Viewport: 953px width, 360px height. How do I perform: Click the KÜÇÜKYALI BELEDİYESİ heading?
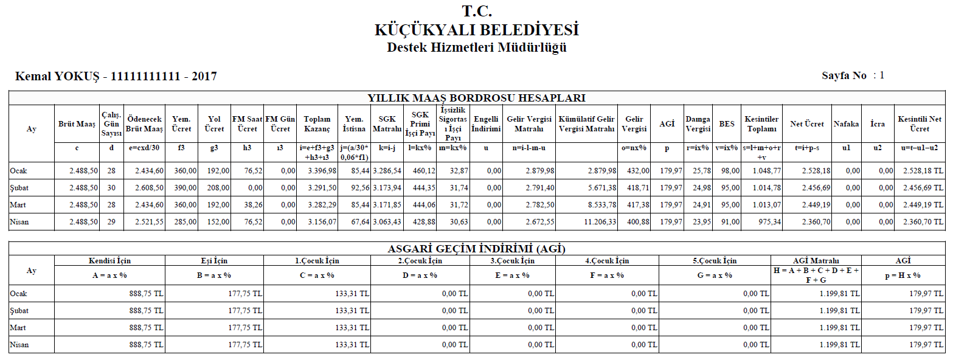point(476,30)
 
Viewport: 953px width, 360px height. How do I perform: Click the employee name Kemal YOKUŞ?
point(58,77)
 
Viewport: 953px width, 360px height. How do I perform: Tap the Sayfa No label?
point(844,76)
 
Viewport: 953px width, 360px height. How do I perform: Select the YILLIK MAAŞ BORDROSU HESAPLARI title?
point(476,98)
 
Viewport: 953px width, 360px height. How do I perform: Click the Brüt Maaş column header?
point(77,124)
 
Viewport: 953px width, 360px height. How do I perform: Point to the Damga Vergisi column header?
point(698,124)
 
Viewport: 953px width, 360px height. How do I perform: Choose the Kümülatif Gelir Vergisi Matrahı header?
point(586,124)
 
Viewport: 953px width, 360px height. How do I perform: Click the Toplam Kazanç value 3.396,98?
point(319,171)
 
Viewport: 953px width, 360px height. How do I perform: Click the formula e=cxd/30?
point(144,148)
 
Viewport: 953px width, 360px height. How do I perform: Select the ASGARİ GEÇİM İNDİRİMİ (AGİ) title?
point(476,248)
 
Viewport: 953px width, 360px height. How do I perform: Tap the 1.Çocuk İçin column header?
point(317,261)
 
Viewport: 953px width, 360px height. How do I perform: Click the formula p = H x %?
point(903,275)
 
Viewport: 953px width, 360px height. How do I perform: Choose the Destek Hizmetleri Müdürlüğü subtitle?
point(476,47)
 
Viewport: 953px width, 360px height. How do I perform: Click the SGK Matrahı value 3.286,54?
point(388,171)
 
